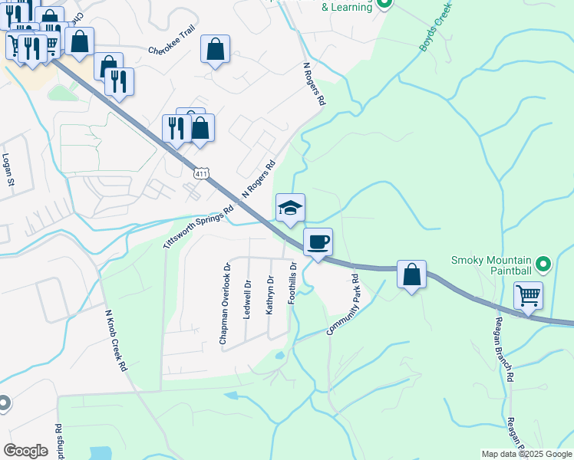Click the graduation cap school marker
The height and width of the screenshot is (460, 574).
pyautogui.click(x=290, y=208)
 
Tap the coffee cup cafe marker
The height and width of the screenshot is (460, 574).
pyautogui.click(x=318, y=243)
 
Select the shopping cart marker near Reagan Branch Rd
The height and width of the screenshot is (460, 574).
pyautogui.click(x=528, y=295)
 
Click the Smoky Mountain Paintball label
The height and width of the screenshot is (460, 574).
pyautogui.click(x=492, y=265)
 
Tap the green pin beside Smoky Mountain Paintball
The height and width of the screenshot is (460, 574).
pyautogui.click(x=544, y=265)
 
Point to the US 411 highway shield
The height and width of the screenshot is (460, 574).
pyautogui.click(x=201, y=174)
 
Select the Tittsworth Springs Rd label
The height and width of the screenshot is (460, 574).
pyautogui.click(x=197, y=226)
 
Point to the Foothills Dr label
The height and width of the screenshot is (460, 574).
pyautogui.click(x=292, y=284)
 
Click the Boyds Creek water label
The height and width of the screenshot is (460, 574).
pyautogui.click(x=435, y=28)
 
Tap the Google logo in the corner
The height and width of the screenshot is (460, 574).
pyautogui.click(x=25, y=451)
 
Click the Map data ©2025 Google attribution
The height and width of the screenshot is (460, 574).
pyautogui.click(x=526, y=454)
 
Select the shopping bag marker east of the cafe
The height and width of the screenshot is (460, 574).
pyautogui.click(x=411, y=274)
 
